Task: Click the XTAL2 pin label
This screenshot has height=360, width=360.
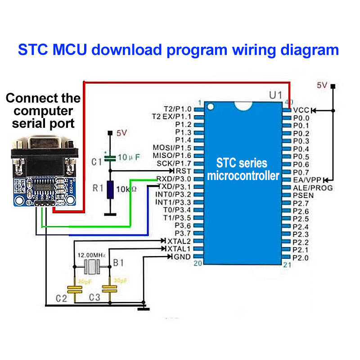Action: [179, 241]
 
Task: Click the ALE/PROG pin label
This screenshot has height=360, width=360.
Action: [313, 187]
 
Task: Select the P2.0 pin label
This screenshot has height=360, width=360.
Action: [301, 258]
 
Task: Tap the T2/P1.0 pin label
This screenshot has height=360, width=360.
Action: [178, 109]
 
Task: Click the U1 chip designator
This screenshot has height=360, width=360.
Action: [275, 95]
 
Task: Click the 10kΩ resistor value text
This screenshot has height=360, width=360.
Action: [127, 189]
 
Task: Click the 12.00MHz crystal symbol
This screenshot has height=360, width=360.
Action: [92, 267]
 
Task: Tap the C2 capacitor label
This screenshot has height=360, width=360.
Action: [61, 297]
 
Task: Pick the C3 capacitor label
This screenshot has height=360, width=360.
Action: [94, 297]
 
